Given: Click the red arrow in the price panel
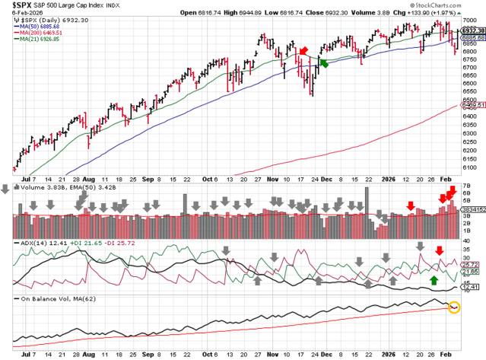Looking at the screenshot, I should tap(303, 51).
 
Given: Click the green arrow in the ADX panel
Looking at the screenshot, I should tap(434, 281).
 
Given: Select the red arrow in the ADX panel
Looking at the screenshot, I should tap(439, 250).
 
